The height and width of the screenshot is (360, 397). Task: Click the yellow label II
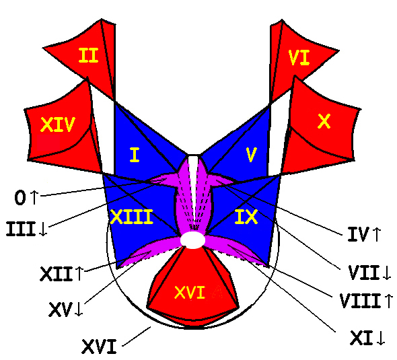tap(88, 55)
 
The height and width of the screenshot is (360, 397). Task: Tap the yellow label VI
tap(299, 58)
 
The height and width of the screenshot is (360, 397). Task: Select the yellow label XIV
tap(58, 124)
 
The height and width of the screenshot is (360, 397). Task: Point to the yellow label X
tap(324, 121)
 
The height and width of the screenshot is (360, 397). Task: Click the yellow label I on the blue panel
tap(135, 155)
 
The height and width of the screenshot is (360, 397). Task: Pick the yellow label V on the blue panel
tap(252, 155)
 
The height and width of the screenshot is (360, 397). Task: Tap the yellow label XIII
tap(132, 217)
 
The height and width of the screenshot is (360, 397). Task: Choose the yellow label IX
tap(246, 217)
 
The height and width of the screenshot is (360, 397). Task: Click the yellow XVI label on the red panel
tap(190, 293)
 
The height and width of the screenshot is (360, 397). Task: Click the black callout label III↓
tap(27, 229)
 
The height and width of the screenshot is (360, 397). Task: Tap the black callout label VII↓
tap(369, 273)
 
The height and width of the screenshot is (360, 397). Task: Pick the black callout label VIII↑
tap(366, 301)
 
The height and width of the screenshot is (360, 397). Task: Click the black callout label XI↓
tap(367, 338)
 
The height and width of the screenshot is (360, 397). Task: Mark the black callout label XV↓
tap(66, 310)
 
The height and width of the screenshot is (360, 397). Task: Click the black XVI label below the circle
tap(99, 347)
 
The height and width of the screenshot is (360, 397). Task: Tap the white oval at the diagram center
tap(192, 240)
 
